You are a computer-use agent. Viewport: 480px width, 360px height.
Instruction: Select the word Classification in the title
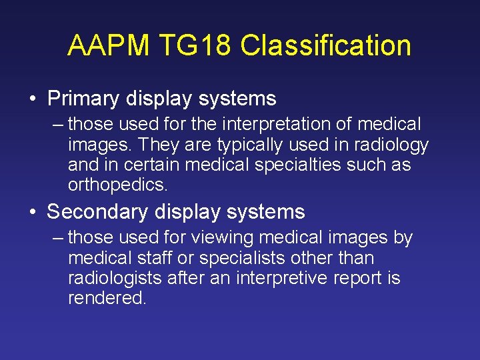(325, 46)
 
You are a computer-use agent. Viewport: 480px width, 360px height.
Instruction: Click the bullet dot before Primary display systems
(33, 99)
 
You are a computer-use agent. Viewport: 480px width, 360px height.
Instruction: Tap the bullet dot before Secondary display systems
(33, 213)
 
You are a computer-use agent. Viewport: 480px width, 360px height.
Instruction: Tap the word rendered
(107, 298)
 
